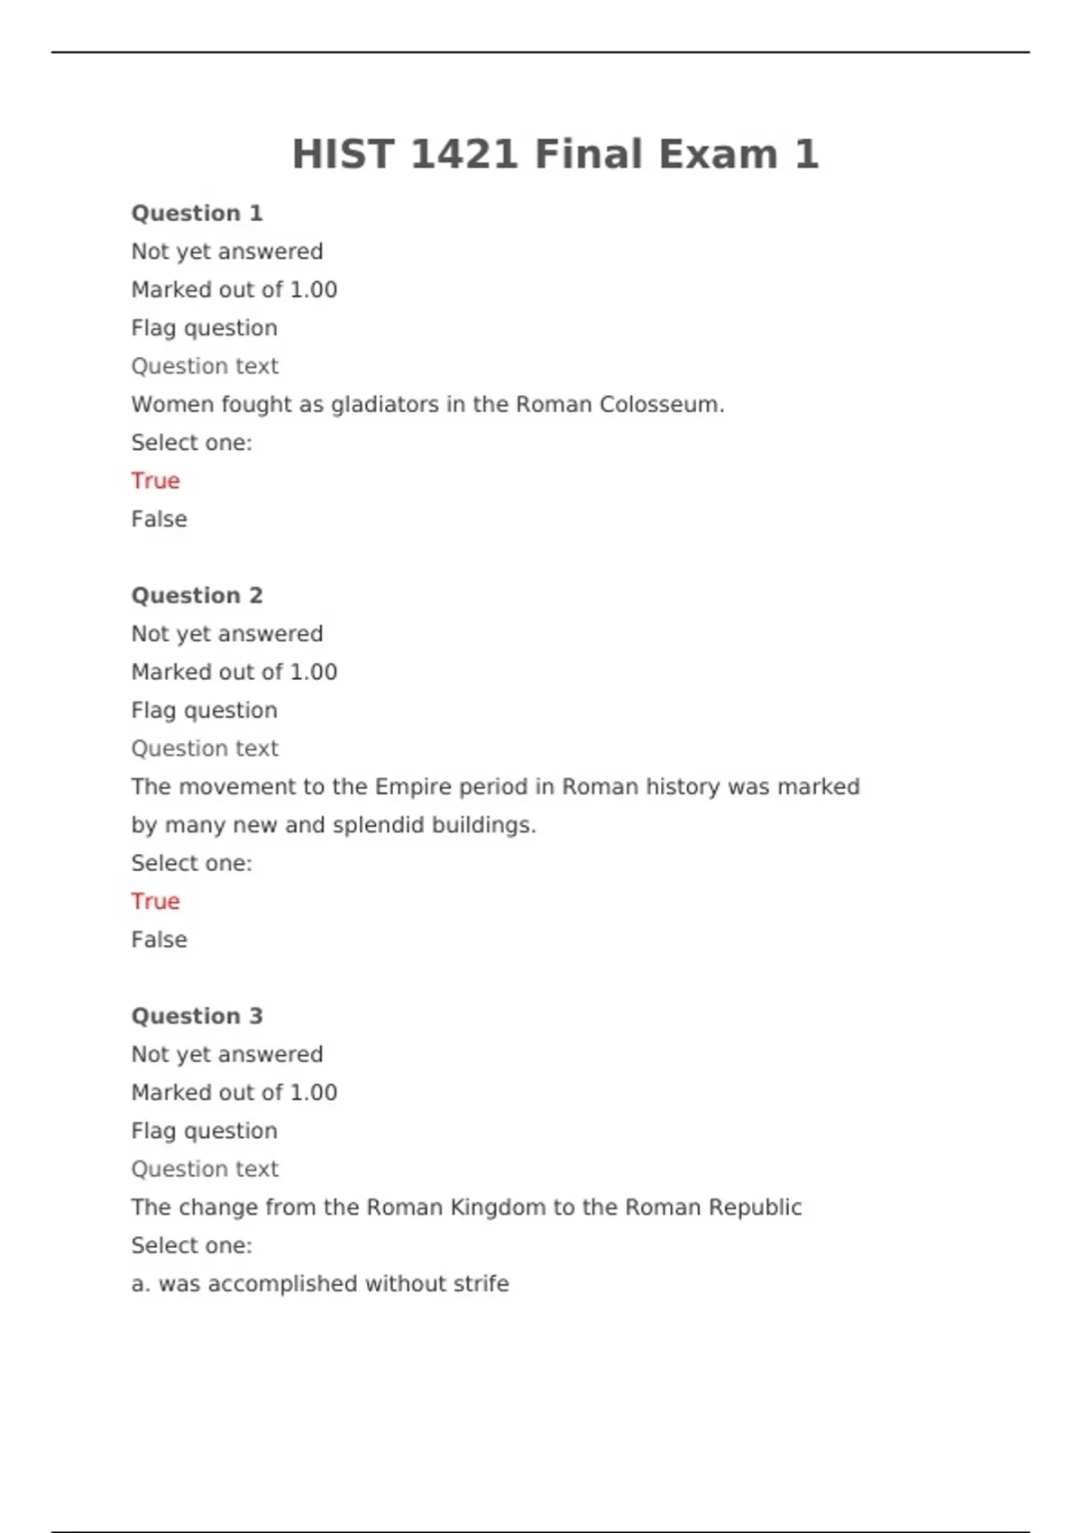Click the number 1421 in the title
[x=463, y=154]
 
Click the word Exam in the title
[x=717, y=154]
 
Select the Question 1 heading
[x=197, y=214]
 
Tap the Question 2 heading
[x=197, y=596]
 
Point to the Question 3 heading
[x=197, y=1016]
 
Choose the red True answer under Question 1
[x=155, y=481]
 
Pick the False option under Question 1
[x=159, y=519]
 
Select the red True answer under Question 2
[x=155, y=901]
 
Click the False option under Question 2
[x=159, y=940]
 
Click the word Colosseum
[x=662, y=405]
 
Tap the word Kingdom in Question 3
[x=498, y=1207]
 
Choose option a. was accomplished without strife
[x=320, y=1284]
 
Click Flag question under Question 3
[x=204, y=1131]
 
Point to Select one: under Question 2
[x=191, y=863]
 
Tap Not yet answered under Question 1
[x=226, y=252]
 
